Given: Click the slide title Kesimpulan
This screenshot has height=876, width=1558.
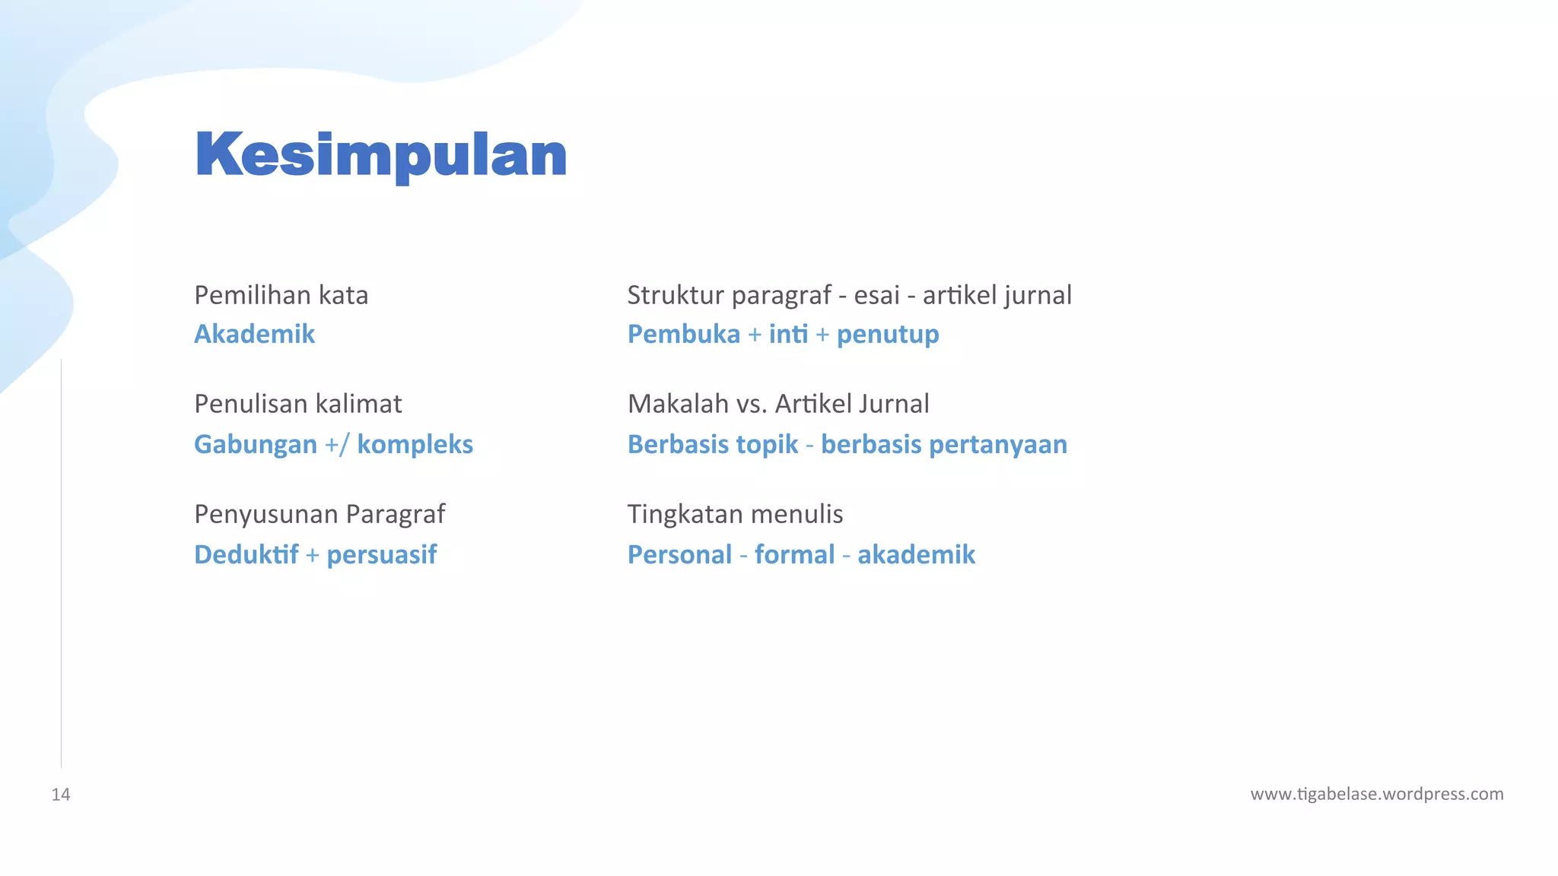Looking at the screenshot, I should click(380, 155).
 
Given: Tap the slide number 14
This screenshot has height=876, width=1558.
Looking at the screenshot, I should click(61, 795).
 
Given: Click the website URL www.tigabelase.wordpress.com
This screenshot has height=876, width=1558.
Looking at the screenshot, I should click(1376, 794).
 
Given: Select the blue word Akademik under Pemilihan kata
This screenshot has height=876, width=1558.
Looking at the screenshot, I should click(254, 334).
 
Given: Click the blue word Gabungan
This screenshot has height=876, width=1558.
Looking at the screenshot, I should click(255, 445).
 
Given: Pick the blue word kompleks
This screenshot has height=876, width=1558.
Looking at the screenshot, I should click(415, 444).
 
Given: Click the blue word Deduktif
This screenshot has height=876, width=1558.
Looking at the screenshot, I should click(246, 554).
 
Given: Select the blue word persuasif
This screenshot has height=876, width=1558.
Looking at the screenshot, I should click(381, 555).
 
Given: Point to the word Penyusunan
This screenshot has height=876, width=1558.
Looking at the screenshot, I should click(265, 515).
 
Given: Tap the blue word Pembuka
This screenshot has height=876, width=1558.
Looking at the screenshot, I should click(683, 334).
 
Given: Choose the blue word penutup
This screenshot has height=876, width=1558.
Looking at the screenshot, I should click(887, 335).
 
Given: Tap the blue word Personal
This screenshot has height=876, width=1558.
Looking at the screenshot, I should click(679, 554).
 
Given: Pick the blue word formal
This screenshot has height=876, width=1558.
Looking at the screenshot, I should click(794, 554).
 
